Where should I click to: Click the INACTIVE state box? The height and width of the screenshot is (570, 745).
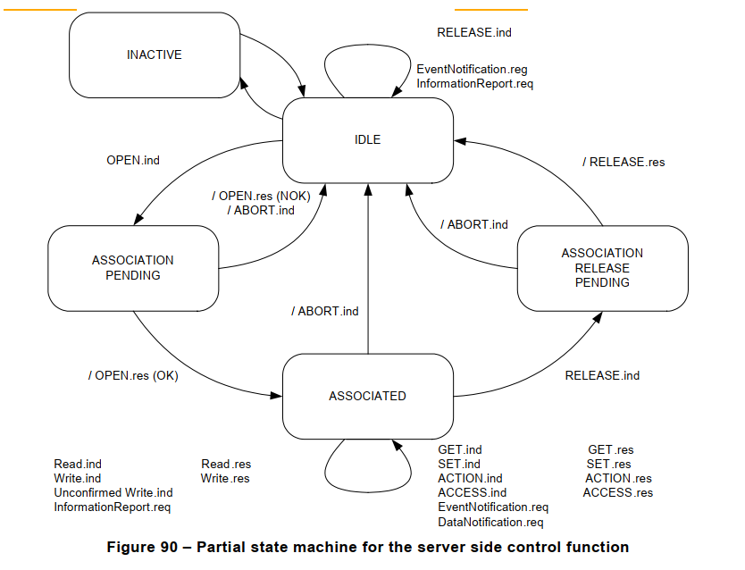(154, 55)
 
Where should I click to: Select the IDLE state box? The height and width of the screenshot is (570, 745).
(367, 140)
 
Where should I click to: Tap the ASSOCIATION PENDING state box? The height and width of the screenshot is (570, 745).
(133, 268)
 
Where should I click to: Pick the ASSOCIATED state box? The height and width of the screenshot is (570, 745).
(367, 396)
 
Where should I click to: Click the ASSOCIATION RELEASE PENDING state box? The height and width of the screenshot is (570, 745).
(602, 268)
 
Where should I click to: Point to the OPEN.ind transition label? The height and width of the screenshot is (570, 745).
(133, 161)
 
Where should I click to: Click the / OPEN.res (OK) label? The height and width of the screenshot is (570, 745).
(133, 375)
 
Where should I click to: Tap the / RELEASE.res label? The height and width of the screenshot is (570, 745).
(624, 163)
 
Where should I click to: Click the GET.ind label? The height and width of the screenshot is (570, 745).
(460, 450)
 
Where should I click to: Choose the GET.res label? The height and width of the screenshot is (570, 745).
(610, 450)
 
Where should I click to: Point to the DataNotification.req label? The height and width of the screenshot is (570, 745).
(490, 522)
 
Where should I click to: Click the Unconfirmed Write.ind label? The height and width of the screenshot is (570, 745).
(113, 492)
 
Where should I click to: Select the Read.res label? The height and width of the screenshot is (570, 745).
(226, 464)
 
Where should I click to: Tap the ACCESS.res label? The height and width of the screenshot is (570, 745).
(617, 492)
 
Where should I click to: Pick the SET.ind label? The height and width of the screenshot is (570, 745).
(459, 464)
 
